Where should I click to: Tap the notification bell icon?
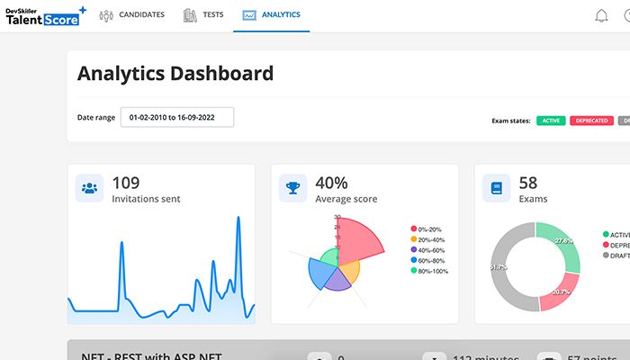[x=602, y=15]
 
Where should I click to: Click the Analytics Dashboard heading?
[x=175, y=74]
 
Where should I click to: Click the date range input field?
[x=177, y=117]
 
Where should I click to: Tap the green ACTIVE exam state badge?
[x=551, y=120]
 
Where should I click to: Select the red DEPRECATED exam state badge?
[x=590, y=120]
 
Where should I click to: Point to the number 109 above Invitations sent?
[x=125, y=183]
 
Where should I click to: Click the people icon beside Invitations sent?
[x=89, y=188]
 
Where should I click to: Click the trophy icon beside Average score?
[x=292, y=188]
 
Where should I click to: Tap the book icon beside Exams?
[x=496, y=188]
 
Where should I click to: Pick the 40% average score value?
[x=331, y=183]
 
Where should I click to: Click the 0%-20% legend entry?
[x=427, y=229]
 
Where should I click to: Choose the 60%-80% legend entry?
[x=427, y=260]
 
